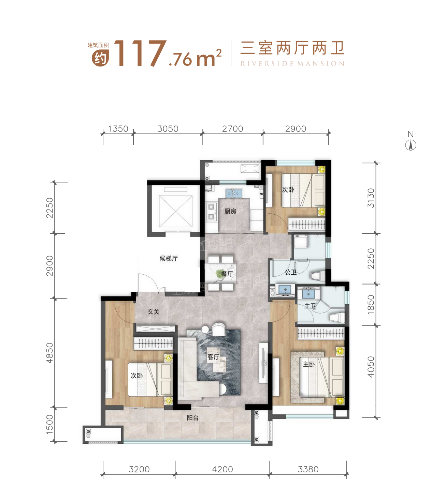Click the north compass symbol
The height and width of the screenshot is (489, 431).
click(411, 146)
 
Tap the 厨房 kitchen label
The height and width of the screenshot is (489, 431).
click(230, 211)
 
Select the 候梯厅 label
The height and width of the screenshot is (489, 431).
click(169, 258)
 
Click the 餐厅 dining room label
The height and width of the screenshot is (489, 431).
click(227, 274)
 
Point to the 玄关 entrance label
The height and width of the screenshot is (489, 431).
click(153, 311)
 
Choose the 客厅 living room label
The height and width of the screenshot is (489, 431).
click(213, 357)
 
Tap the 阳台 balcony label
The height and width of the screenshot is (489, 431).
click(192, 417)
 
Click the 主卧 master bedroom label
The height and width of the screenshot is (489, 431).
click(309, 364)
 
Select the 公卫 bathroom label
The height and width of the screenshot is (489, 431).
click(291, 272)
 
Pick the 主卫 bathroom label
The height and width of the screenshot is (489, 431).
click(310, 306)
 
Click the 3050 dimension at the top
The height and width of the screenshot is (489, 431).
click(168, 129)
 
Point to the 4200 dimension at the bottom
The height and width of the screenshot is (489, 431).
click(222, 469)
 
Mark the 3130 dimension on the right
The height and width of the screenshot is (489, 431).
click(371, 198)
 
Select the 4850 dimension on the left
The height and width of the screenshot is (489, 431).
click(50, 353)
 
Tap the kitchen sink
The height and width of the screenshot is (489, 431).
click(233, 194)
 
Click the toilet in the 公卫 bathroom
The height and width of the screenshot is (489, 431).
click(317, 276)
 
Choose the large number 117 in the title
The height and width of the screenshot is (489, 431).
click(140, 54)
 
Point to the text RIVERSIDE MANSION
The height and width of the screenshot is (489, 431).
click(292, 64)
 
